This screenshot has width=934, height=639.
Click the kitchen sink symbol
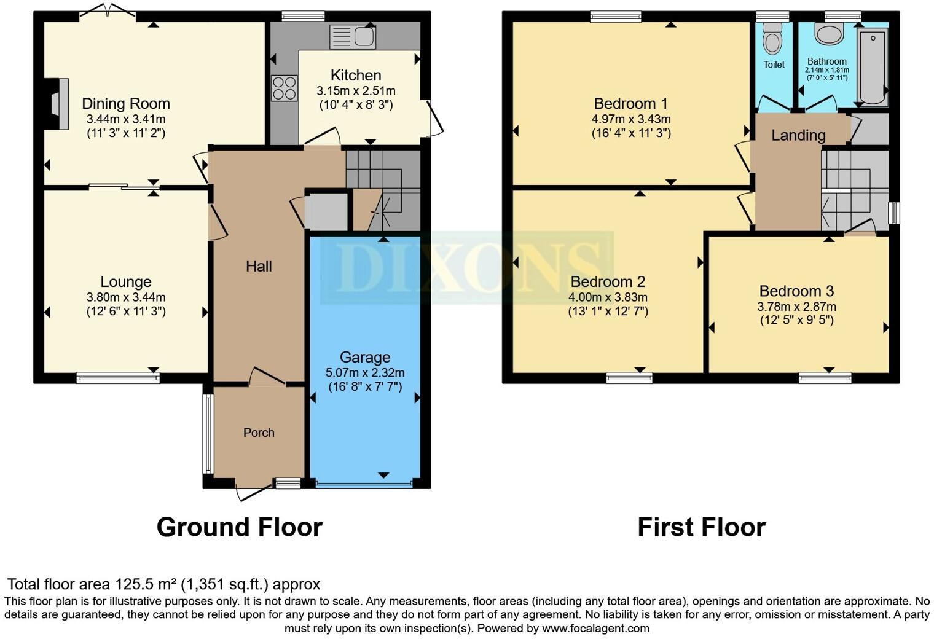coord(353,37)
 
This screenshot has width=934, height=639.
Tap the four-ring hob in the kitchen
coord(284,87)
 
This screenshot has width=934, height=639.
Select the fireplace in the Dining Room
coord(59,104)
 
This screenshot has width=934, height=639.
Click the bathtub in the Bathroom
coord(873,67)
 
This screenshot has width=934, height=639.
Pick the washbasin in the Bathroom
coord(829,34)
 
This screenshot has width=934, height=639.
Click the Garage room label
coord(365,357)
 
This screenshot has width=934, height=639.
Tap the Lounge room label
coord(126,282)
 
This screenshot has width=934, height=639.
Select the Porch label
coord(259,433)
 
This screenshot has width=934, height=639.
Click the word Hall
coord(259,266)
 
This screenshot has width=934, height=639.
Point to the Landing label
coord(798,135)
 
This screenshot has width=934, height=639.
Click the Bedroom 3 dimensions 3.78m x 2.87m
coord(796,307)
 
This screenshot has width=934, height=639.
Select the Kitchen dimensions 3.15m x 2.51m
coord(356,91)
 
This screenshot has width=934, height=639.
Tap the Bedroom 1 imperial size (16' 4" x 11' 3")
coord(631,133)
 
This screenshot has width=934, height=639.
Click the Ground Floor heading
coord(239,527)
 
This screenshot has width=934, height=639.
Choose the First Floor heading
coord(701,527)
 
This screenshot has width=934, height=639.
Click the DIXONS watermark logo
coord(467,268)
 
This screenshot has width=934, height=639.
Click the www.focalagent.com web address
coord(595,628)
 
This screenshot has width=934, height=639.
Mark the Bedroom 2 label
coord(608,282)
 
